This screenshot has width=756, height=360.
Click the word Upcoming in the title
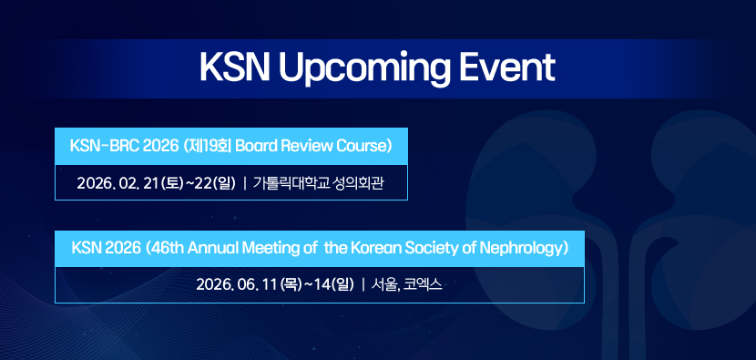[364, 69]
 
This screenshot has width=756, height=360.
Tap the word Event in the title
[506, 67]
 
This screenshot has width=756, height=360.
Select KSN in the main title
[235, 67]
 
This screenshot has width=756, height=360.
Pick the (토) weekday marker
[172, 183]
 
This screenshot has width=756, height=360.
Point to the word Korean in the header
[374, 249]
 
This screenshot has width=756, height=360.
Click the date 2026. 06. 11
[237, 284]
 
